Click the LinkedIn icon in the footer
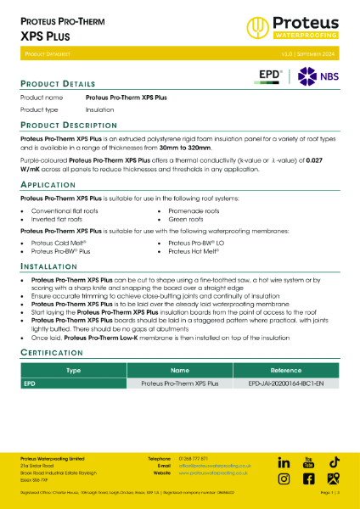point(284,462)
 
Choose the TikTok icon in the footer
point(335,462)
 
